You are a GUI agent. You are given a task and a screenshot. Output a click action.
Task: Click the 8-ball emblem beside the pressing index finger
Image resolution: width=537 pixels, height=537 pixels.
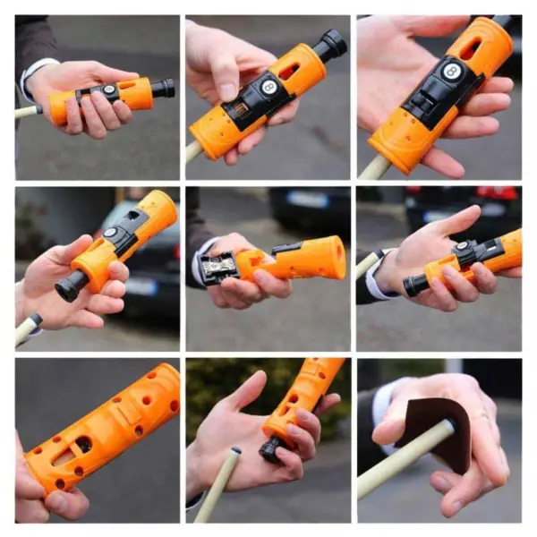pos(268,87)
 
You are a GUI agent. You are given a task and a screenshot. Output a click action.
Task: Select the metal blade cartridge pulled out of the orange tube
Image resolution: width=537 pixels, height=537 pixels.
pos(218,267)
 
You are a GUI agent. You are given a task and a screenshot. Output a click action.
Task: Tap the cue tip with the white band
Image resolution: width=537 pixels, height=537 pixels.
pos(34,320)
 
